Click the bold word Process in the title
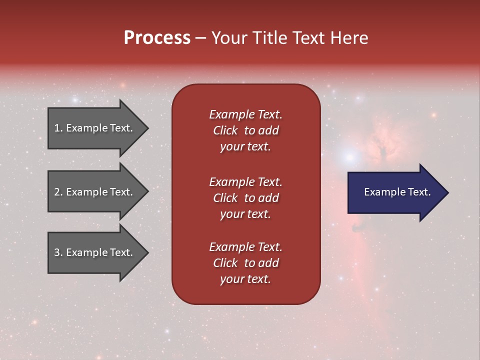pyautogui.click(x=157, y=38)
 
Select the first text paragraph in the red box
pyautogui.click(x=245, y=130)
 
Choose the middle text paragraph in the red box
pyautogui.click(x=245, y=198)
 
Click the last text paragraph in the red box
pyautogui.click(x=245, y=263)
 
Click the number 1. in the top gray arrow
pyautogui.click(x=58, y=128)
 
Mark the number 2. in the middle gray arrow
pyautogui.click(x=58, y=192)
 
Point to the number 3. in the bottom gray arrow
pyautogui.click(x=58, y=252)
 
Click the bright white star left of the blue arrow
pyautogui.click(x=349, y=157)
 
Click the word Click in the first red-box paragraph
pyautogui.click(x=225, y=130)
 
